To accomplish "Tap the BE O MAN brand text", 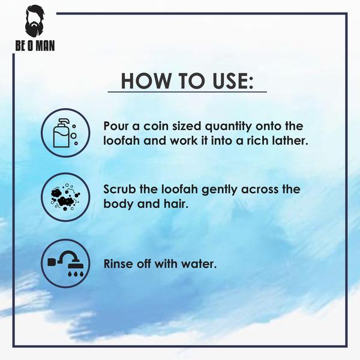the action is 35,46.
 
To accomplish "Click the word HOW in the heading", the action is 146,81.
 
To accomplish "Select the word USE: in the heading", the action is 232,81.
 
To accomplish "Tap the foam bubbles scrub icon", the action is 65,197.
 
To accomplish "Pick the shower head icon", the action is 65,263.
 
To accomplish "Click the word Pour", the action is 116,126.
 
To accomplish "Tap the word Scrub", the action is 119,190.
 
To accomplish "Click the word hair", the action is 176,203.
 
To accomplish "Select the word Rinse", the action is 118,263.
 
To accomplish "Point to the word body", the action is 118,204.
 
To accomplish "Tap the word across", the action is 257,190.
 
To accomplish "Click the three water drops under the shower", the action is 76,274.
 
